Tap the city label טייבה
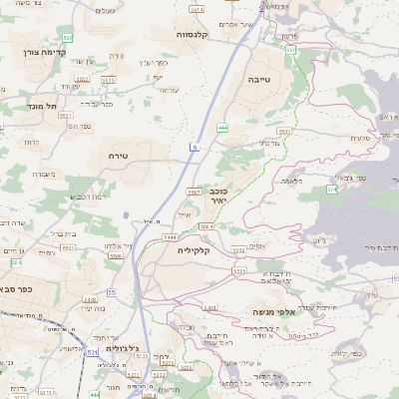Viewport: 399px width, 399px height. pos(260,77)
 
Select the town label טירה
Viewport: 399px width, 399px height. pos(119,157)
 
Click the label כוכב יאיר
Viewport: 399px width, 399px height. pos(218,195)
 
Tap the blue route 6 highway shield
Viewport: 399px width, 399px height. pos(195,147)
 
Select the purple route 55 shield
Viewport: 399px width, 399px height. pos(111,292)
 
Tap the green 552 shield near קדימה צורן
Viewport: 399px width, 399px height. pos(66,38)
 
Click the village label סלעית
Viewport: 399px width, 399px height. pos(361,138)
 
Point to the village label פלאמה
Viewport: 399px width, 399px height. pos(292,180)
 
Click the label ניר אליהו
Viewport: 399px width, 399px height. pos(116,246)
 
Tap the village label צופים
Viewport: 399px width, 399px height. pos(254,245)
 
